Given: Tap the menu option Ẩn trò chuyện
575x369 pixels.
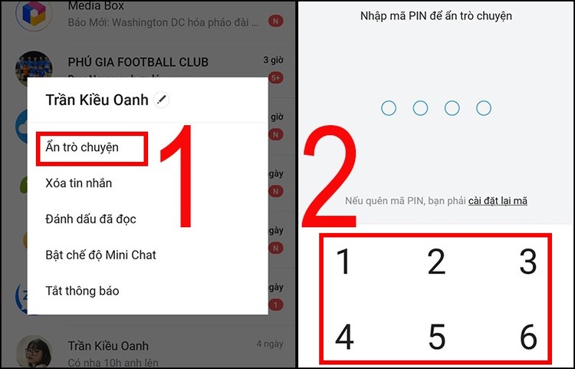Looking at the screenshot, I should coord(82,147).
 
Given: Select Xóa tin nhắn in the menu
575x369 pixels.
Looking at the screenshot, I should coord(79,183).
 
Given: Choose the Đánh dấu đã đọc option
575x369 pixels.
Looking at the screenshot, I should coord(90,219).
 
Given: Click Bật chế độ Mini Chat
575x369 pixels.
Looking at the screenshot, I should coord(100,255).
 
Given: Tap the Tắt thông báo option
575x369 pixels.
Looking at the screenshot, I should coord(82,291).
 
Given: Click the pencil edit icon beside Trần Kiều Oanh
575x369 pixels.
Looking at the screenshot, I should coord(161,99).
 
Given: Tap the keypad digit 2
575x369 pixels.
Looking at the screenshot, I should coord(436,262).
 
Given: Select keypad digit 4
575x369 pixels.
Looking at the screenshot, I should coord(344,337).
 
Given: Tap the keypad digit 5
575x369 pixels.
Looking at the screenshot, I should coord(436,337).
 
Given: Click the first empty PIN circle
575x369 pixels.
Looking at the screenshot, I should coord(389,108).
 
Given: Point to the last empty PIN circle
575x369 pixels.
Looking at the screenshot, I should coord(483,108).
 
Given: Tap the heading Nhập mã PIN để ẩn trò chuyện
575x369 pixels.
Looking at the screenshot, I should coord(435,15).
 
